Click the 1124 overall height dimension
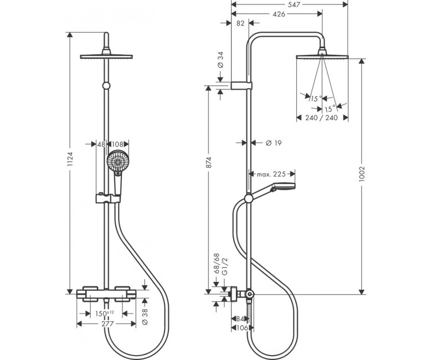(x=70, y=158)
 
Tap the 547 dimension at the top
(x=294, y=4)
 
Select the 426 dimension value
(x=279, y=14)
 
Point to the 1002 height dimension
(x=362, y=173)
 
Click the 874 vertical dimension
(x=209, y=162)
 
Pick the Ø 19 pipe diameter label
(x=274, y=143)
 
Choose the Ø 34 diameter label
(x=220, y=60)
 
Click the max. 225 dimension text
(x=271, y=174)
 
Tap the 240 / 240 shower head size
(x=322, y=118)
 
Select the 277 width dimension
(x=107, y=324)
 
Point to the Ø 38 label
(x=145, y=316)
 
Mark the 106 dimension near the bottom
(x=243, y=328)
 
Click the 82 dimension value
(x=240, y=23)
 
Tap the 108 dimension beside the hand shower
(x=117, y=145)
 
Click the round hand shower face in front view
(x=117, y=161)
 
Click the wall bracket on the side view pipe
(x=241, y=86)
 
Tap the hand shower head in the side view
(x=283, y=187)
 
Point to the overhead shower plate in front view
(x=106, y=56)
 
